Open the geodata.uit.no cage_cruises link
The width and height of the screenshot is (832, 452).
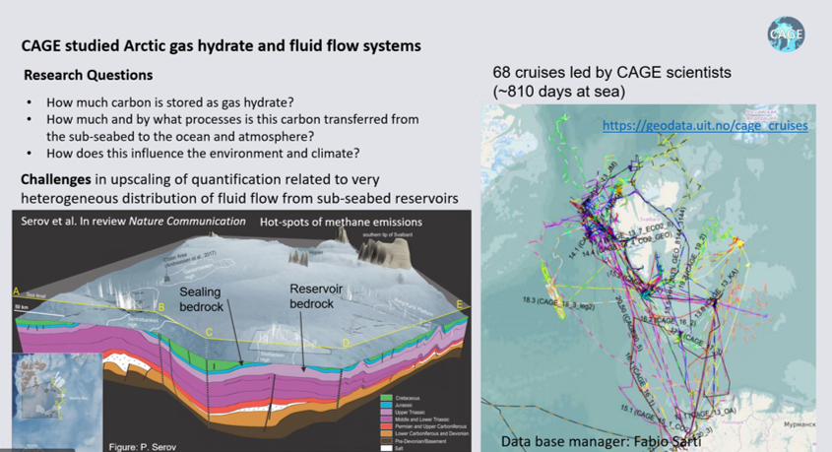tap(705, 126)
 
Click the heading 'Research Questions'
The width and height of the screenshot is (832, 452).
tap(89, 75)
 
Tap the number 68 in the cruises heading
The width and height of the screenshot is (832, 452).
tap(502, 74)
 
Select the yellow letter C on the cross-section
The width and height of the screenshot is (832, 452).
tap(209, 333)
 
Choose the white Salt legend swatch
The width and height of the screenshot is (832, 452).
tap(386, 447)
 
